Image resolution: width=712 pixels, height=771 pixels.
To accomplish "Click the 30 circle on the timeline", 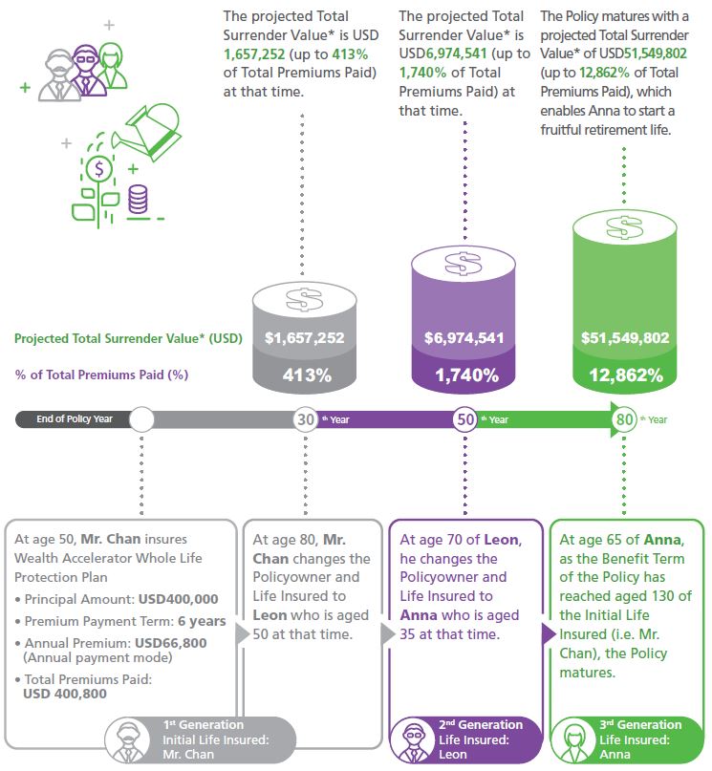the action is point(306,419).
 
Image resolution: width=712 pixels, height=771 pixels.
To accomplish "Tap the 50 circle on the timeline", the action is point(465,419).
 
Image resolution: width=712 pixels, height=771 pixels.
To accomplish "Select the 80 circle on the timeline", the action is point(624,419).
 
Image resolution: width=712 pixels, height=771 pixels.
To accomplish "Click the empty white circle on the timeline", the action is point(141,419).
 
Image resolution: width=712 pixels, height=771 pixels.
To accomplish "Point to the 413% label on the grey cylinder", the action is point(307,375).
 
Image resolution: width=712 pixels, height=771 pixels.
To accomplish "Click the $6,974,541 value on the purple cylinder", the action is point(464,338).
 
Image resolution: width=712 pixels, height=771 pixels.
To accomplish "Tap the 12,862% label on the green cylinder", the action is point(626,375).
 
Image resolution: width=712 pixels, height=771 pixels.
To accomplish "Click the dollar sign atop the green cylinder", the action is point(624,227).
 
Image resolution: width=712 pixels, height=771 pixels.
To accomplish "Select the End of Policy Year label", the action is point(75,418).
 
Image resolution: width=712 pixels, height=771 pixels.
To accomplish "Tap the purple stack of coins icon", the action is point(138,199).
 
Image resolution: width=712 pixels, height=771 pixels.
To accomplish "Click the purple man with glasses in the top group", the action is point(87,71).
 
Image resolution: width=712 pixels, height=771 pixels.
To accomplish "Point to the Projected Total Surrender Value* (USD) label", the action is point(128,338).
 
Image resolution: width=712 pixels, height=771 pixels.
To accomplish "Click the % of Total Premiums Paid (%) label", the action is point(102,375).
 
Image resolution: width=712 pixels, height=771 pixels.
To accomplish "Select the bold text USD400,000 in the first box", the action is point(179,599).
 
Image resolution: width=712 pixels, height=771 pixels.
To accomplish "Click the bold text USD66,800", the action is point(171,643).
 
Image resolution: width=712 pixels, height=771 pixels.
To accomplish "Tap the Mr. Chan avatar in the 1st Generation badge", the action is point(127,740).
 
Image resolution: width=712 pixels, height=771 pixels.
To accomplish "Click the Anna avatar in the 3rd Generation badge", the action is point(573,740).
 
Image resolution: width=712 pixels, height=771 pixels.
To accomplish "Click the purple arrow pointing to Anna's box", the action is point(549,633).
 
